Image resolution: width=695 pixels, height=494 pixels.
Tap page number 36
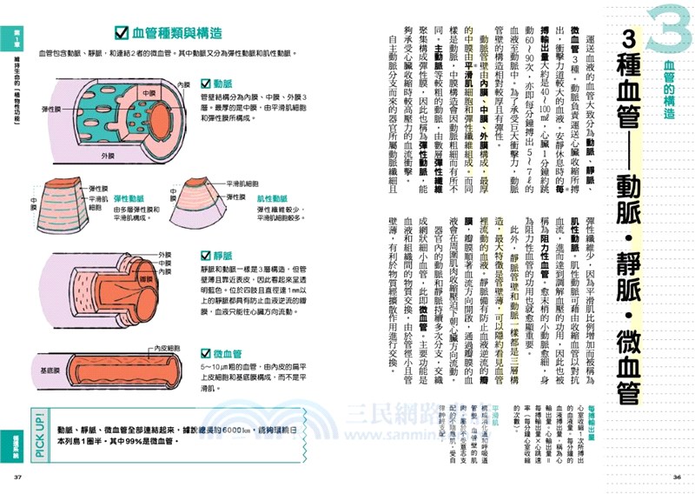point(677,477)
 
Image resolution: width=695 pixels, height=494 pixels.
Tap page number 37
point(17,477)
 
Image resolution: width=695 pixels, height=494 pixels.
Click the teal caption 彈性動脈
point(129,197)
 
